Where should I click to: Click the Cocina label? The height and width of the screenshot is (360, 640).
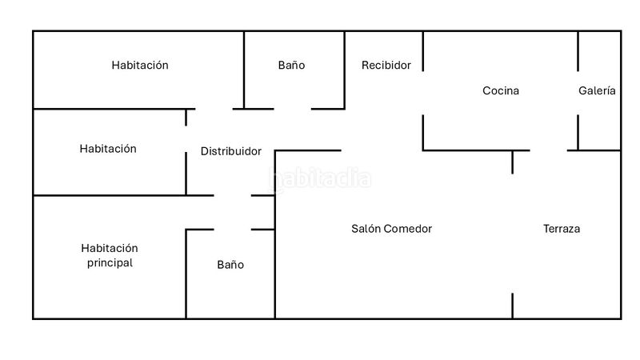point(501,90)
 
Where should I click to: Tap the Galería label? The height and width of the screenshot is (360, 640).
point(597,90)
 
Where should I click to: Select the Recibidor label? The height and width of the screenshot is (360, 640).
point(386,66)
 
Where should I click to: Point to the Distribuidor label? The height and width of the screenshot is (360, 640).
point(231,151)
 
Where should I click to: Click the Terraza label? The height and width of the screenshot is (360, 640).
point(562,229)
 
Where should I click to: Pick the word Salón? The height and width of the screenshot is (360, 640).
point(366,229)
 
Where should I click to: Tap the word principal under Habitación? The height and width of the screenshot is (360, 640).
point(110,263)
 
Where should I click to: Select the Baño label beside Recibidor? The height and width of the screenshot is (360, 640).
point(291,66)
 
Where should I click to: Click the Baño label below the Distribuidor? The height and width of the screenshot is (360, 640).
point(230,265)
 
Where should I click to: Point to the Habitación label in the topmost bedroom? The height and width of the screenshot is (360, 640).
point(140,66)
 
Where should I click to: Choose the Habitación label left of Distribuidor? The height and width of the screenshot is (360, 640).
point(108,149)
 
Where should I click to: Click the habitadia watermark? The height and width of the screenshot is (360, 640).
point(321,178)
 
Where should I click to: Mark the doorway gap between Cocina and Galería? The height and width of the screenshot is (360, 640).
point(578,93)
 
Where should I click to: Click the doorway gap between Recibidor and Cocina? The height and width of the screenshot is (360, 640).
point(423,93)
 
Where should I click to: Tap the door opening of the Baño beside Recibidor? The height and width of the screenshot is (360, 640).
point(292,109)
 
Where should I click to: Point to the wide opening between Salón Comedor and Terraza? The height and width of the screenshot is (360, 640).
point(513,234)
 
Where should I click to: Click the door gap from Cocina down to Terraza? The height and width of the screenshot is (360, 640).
point(549,150)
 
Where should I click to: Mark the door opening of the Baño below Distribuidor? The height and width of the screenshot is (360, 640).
point(232,230)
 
